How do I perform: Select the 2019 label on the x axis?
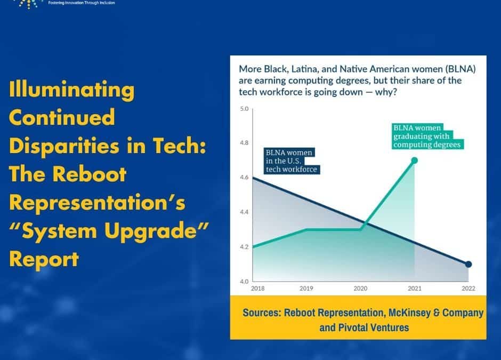point(307,288)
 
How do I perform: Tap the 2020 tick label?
point(361,288)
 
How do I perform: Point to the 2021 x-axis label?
point(414,288)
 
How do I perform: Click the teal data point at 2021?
point(414,160)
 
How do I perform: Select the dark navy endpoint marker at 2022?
point(468,264)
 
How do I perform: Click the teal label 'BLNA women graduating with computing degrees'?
point(426,136)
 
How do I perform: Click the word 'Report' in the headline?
point(44,259)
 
